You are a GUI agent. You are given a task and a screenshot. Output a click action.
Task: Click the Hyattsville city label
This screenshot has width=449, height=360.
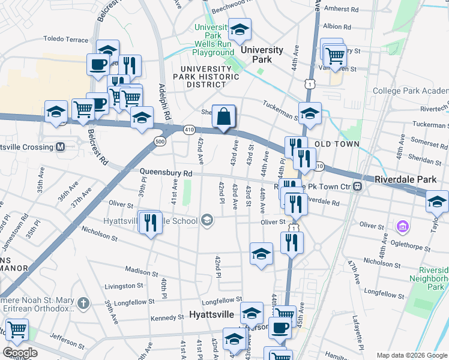click(212, 314)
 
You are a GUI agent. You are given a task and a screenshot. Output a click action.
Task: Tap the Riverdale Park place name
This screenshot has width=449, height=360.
click(409, 179)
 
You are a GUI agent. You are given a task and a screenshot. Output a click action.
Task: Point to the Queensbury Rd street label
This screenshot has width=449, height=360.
click(166, 173)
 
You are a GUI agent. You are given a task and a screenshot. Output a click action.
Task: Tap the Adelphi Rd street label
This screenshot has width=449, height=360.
click(161, 91)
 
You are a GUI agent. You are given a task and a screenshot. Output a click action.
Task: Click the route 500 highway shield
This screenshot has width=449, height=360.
click(160, 141)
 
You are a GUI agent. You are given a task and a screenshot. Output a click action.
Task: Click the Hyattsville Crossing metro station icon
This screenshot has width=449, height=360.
click(59, 146)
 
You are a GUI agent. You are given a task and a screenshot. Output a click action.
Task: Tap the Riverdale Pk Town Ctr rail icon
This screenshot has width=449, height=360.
click(357, 186)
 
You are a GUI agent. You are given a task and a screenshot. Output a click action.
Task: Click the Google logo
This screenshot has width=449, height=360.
click(20, 353)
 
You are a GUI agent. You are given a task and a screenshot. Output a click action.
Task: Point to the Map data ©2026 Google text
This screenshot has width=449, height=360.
click(411, 355)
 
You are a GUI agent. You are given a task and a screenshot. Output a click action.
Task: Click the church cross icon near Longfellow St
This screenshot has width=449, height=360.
click(83, 302)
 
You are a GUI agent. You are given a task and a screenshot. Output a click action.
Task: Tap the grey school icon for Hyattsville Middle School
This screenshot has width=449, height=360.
click(207, 220)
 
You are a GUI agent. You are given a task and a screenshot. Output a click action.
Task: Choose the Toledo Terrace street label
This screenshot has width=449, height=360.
click(65, 38)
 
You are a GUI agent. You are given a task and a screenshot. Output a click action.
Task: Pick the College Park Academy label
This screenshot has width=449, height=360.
click(410, 91)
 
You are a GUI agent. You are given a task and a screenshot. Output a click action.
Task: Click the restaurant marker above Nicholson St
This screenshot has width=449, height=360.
click(292, 242)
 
